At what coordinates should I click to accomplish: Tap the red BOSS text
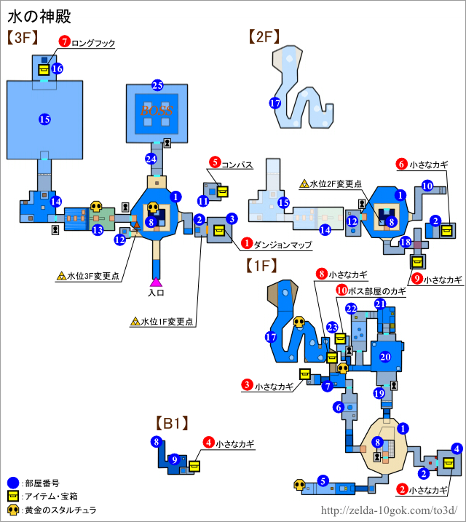click(x=157, y=111)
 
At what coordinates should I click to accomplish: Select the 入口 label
click(x=156, y=293)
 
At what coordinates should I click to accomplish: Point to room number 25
click(x=157, y=85)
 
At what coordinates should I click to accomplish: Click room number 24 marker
click(x=151, y=159)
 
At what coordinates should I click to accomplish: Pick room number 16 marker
click(x=57, y=68)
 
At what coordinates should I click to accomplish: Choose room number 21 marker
click(x=379, y=304)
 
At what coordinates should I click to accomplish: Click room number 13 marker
click(x=97, y=230)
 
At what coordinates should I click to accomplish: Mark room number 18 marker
click(x=406, y=242)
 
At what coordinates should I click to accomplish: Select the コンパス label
click(x=238, y=165)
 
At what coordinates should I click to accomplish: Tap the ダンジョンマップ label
click(x=283, y=246)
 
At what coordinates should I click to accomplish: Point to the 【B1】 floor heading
click(x=172, y=422)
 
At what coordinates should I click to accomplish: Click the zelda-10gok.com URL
click(x=389, y=510)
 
